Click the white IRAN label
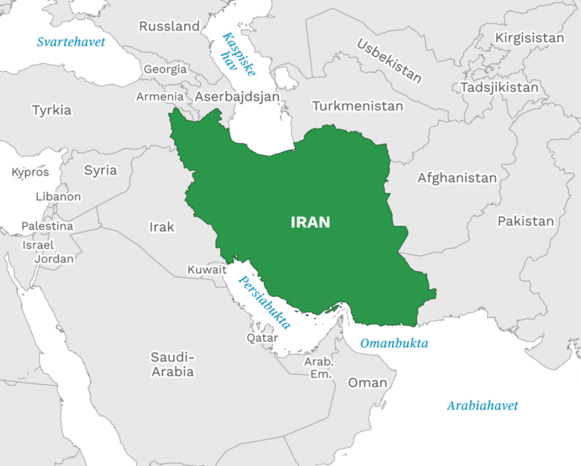pos(310,222)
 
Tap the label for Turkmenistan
pos(358,106)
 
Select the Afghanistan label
pos(457,179)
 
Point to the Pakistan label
pos(525,222)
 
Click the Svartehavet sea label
pos(71,42)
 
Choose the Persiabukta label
pos(265,301)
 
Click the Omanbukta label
pos(393,343)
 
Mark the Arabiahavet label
pos(482,405)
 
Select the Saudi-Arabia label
pos(172,364)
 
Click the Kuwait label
pos(207,269)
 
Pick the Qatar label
pos(263,338)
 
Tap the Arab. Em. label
pos(319,368)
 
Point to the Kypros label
pos(30,172)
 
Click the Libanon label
pos(58,197)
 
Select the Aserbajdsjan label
pos(237,97)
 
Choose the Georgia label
pos(165,69)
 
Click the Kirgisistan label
pos(530,38)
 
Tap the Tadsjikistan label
pos(499,88)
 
